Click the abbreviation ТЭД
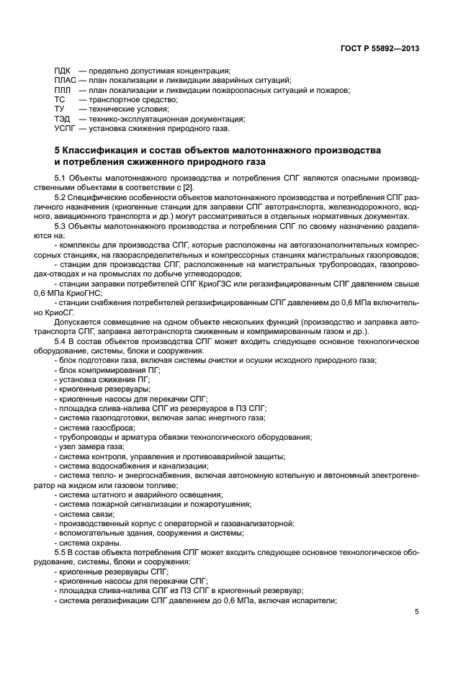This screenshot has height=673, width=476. (x=63, y=119)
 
